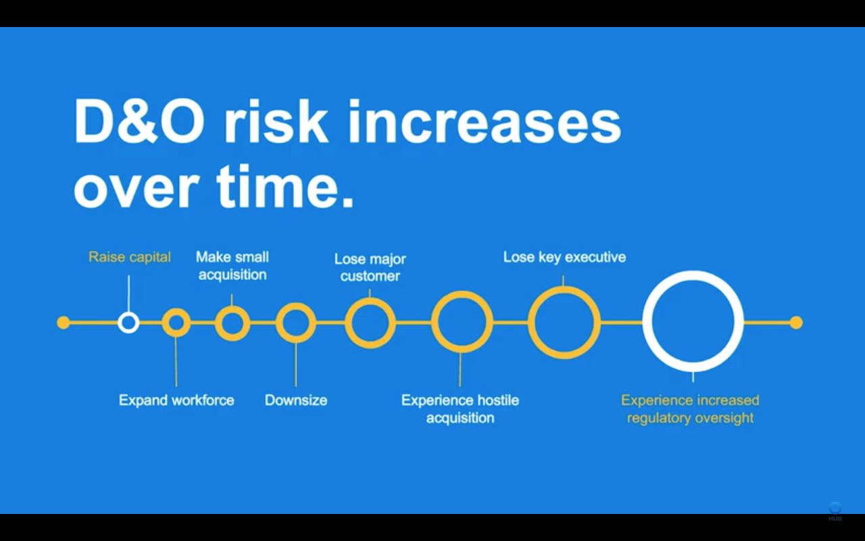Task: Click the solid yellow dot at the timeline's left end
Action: click(64, 323)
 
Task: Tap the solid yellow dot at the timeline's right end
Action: click(796, 323)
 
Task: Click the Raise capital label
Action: click(129, 258)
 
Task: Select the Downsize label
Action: click(296, 400)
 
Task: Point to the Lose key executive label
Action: click(564, 258)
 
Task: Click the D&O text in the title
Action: click(139, 122)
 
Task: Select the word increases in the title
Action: click(485, 122)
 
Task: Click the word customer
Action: click(370, 277)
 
